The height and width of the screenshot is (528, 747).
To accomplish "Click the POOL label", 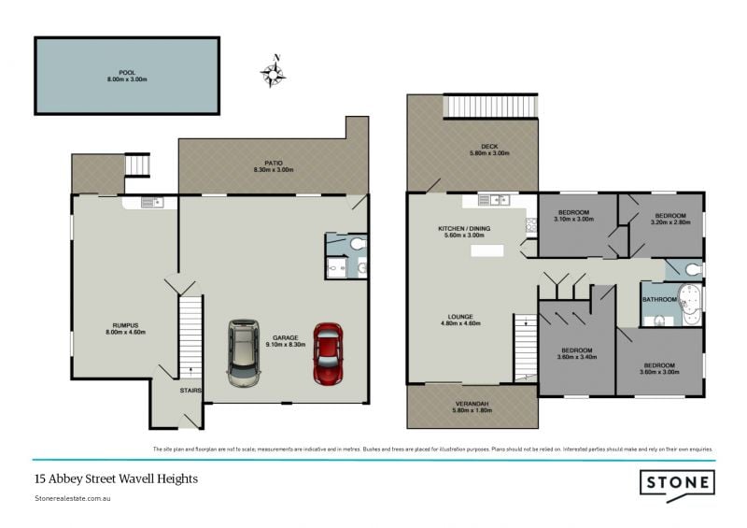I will pos(127,76).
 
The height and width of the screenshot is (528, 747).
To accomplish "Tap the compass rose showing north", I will pos(274,73).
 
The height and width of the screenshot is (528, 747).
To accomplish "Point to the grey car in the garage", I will pos(245,352).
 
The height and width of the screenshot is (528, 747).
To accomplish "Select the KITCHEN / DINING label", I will pos(464,232).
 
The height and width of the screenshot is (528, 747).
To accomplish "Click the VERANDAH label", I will pos(472,407).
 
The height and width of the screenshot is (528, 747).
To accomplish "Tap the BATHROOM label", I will pos(658,299).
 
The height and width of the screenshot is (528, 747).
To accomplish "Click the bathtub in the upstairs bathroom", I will pos(689,305).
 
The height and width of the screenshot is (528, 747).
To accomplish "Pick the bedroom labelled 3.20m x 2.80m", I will pos(669,219).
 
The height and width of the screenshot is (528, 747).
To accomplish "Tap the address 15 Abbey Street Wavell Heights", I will pos(116,478).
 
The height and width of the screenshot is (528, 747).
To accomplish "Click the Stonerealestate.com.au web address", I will pos(74,500).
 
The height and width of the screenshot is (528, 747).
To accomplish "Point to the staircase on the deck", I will pos(491,107).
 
